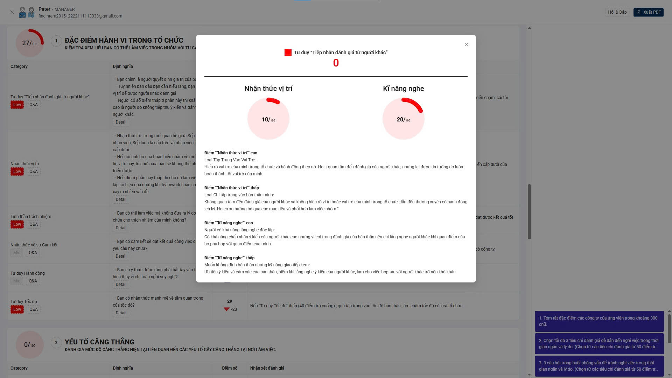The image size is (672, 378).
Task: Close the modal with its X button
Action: point(466,44)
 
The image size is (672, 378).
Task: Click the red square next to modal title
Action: point(288,52)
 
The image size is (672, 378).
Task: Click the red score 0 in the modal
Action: point(336,63)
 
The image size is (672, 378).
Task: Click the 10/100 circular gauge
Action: point(268,119)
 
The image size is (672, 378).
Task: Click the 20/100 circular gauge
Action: point(403,119)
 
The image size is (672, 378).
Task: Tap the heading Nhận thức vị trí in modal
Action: point(268,89)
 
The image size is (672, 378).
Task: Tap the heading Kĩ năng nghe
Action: point(403,89)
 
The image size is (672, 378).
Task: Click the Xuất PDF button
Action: point(648,12)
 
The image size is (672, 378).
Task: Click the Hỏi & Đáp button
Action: point(617,12)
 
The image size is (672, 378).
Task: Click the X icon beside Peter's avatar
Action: point(12,12)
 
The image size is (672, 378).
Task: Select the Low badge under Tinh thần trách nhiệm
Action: point(17,224)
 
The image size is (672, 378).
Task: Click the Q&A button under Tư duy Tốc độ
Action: point(34,309)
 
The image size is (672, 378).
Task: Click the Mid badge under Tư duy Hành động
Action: point(17,281)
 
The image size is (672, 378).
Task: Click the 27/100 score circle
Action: point(30,43)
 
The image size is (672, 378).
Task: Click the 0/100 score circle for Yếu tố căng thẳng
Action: point(30,345)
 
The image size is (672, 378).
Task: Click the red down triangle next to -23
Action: point(226,309)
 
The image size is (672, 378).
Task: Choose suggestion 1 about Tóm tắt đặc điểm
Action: point(599,321)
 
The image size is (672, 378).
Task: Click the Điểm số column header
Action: point(230,368)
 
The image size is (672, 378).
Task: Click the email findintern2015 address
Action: point(80,16)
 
